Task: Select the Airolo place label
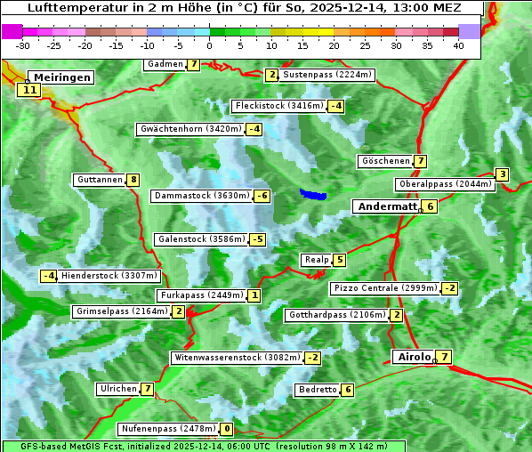pyautogui.click(x=413, y=357)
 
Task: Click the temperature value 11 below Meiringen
pyautogui.click(x=29, y=90)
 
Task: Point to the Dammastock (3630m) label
pyautogui.click(x=201, y=196)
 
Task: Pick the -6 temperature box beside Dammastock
pyautogui.click(x=262, y=196)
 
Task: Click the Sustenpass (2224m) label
pyautogui.click(x=319, y=75)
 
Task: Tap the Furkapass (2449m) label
pyautogui.click(x=200, y=295)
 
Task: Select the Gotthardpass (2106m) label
pyautogui.click(x=336, y=315)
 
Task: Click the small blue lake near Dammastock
pyautogui.click(x=312, y=194)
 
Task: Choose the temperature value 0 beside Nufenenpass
pyautogui.click(x=227, y=429)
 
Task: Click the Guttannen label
pyautogui.click(x=99, y=180)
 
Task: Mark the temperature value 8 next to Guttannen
pyautogui.click(x=133, y=180)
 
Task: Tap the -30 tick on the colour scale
pyautogui.click(x=23, y=45)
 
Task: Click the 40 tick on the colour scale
pyautogui.click(x=458, y=45)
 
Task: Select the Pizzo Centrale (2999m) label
pyautogui.click(x=385, y=288)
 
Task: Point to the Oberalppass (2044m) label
pyautogui.click(x=445, y=184)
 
